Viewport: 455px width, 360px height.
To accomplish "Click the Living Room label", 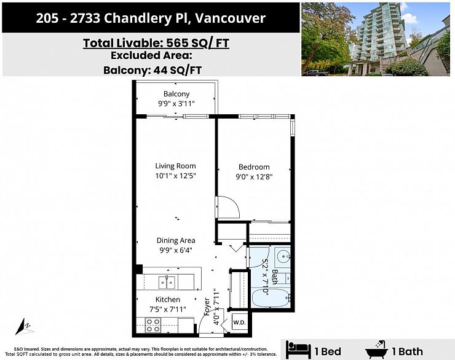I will coord(175,166).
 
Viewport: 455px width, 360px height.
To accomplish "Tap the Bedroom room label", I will coord(254,167).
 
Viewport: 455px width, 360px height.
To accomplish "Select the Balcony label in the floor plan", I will coord(176,94).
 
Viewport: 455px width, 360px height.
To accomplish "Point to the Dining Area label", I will coord(176,241).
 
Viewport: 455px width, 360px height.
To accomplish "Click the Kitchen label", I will coord(167,300).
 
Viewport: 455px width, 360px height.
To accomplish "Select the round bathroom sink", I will coord(283,256).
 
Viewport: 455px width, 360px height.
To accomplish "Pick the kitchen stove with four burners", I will coord(153,325).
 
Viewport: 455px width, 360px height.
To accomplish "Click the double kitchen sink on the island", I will coord(166,282).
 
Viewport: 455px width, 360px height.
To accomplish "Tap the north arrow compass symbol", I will coord(25,327).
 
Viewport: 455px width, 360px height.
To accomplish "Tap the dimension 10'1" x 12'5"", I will coord(175,177).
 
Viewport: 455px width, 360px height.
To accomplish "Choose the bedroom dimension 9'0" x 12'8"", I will coord(255,177).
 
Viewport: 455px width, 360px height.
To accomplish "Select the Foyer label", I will coord(207,306).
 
